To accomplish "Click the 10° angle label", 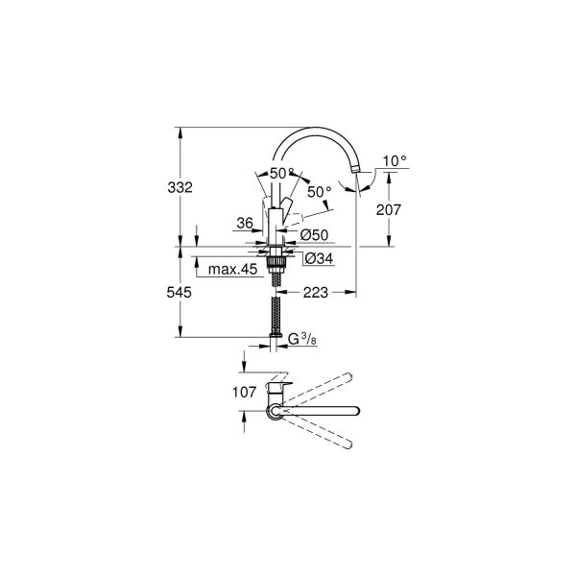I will tap(395, 161).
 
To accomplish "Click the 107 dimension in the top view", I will tap(244, 392).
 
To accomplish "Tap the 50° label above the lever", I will tap(281, 172).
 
